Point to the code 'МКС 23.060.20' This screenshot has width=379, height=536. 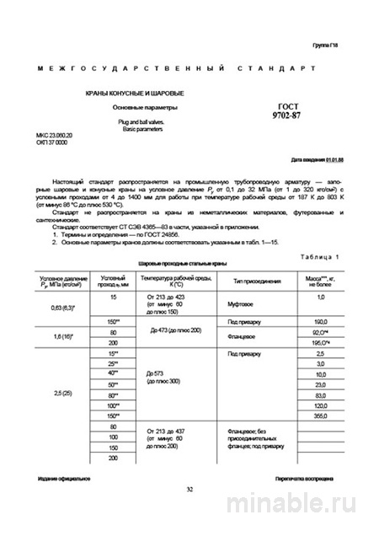55,135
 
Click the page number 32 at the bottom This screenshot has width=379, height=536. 189,489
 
